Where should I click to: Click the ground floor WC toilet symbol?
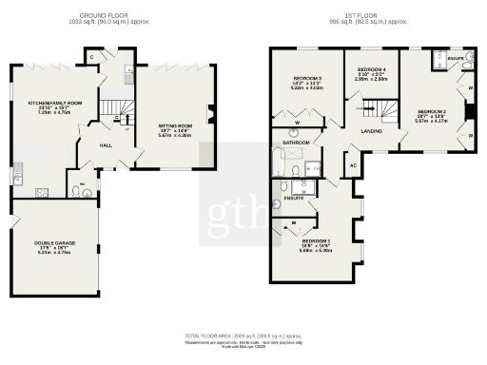pos(88,190)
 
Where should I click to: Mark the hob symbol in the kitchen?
pos(42,191)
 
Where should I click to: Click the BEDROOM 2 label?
pos(430,110)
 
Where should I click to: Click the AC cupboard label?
pos(353,165)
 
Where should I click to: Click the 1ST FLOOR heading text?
pos(363,16)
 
